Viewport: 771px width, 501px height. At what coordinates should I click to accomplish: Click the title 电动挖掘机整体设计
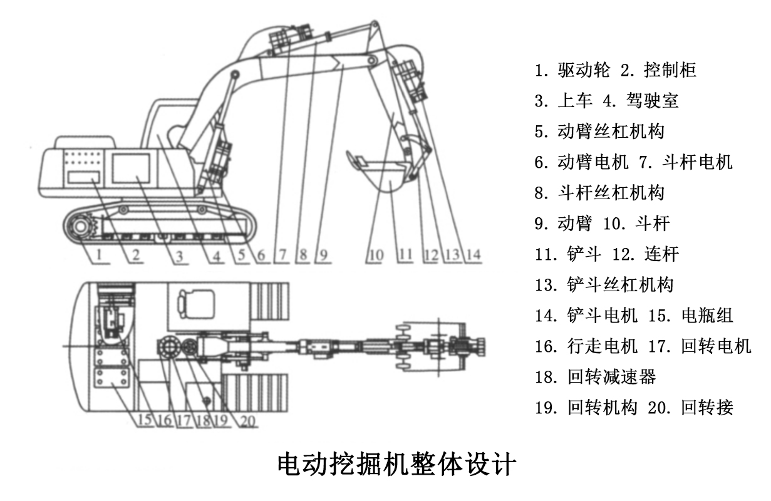pyautogui.click(x=397, y=465)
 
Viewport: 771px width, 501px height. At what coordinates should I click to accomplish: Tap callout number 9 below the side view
pyautogui.click(x=322, y=256)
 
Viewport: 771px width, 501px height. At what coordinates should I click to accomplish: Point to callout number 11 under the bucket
pyautogui.click(x=405, y=255)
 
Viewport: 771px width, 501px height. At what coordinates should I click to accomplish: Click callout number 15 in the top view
pyautogui.click(x=145, y=420)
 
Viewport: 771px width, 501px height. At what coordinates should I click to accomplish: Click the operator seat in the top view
pyautogui.click(x=192, y=305)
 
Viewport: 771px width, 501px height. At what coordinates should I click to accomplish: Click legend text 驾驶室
pyautogui.click(x=655, y=101)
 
